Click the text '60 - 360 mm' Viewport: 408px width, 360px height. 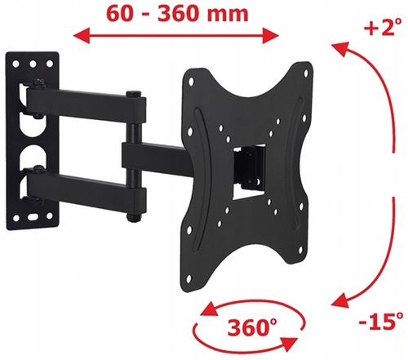click(x=177, y=14)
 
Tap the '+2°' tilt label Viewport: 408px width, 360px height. click(x=384, y=26)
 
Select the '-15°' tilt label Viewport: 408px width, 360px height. click(x=381, y=321)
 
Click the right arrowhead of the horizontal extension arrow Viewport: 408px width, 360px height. click(x=271, y=36)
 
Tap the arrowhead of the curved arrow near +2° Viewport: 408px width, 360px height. click(x=340, y=49)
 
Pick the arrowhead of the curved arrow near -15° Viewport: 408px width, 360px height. click(x=340, y=300)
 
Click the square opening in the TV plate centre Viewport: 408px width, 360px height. click(x=249, y=172)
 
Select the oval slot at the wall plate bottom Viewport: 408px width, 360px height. click(x=33, y=217)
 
